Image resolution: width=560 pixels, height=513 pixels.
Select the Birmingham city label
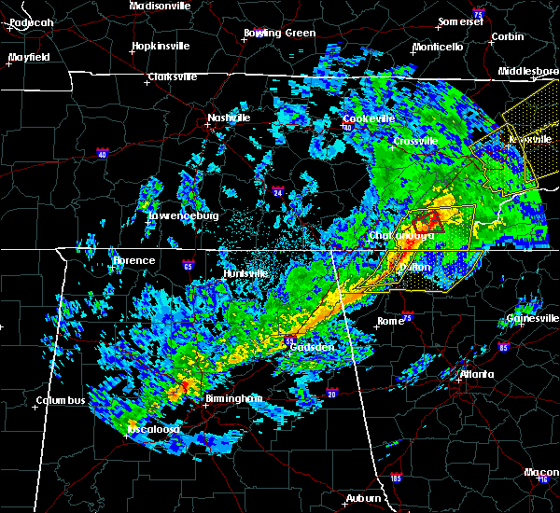tap(235, 398)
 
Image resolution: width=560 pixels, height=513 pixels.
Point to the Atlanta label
tap(478, 375)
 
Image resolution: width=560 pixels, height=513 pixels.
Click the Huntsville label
tap(245, 273)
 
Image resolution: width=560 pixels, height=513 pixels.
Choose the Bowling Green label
tap(280, 33)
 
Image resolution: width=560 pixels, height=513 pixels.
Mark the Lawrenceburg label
tap(184, 216)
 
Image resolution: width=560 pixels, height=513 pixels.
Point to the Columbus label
tap(61, 401)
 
